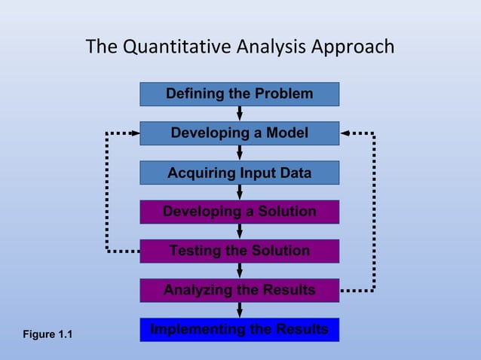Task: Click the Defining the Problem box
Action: pos(239,94)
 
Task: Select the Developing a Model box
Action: pos(239,133)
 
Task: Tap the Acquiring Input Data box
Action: pos(239,172)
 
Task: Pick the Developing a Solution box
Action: pos(239,212)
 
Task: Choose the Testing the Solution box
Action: pos(239,251)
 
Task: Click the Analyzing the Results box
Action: pos(239,290)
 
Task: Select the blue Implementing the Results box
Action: pos(239,330)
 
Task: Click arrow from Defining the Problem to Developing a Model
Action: pos(240,113)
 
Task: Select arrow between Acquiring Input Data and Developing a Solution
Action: pos(240,192)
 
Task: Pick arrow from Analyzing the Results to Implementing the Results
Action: pos(240,310)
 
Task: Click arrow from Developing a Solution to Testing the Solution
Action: pos(240,231)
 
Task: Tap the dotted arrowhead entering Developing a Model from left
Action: pos(135,133)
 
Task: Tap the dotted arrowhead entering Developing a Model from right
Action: pos(345,133)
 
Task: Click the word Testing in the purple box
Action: pos(195,251)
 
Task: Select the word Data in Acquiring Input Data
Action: pos(295,172)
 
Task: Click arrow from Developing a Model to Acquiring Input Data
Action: pos(240,153)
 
